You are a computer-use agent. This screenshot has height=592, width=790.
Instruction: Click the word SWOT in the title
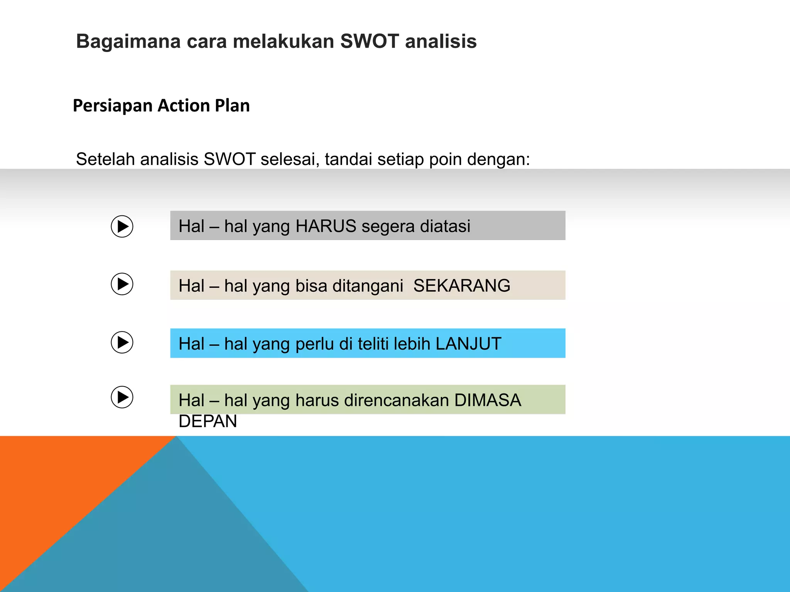369,41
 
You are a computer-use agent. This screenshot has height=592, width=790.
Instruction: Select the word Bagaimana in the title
128,41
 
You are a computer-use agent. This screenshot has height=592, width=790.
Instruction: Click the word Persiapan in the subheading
113,106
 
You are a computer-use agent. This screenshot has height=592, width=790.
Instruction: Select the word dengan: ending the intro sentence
498,159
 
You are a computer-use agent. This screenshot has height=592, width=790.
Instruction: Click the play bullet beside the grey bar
122,226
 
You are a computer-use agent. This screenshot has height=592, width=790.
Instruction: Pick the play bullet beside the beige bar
122,284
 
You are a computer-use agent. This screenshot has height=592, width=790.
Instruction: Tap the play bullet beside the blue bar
122,342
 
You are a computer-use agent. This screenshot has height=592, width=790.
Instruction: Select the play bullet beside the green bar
122,397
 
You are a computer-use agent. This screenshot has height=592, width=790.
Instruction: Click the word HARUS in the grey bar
326,226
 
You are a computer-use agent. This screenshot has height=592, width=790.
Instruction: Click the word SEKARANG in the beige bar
461,286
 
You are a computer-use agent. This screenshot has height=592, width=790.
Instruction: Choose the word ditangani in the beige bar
368,286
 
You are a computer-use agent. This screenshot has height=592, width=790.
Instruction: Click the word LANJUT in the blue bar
468,344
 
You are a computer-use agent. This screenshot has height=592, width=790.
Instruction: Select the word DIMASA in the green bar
488,400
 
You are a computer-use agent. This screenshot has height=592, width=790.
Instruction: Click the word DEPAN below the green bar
208,421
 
